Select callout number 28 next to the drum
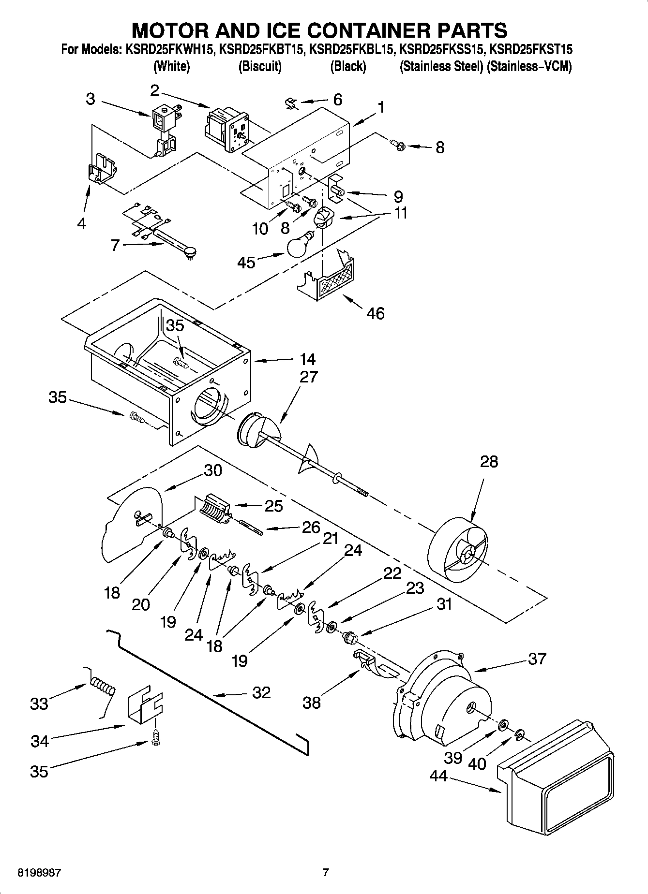pos(489,461)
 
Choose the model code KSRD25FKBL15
pos(350,49)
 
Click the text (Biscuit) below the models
pos(260,66)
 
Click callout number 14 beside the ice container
pos(307,359)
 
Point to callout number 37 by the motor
pos(537,659)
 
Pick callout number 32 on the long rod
pos(261,692)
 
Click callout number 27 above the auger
pos(308,377)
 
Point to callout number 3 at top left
pos(90,99)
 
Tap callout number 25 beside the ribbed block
pos(273,506)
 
